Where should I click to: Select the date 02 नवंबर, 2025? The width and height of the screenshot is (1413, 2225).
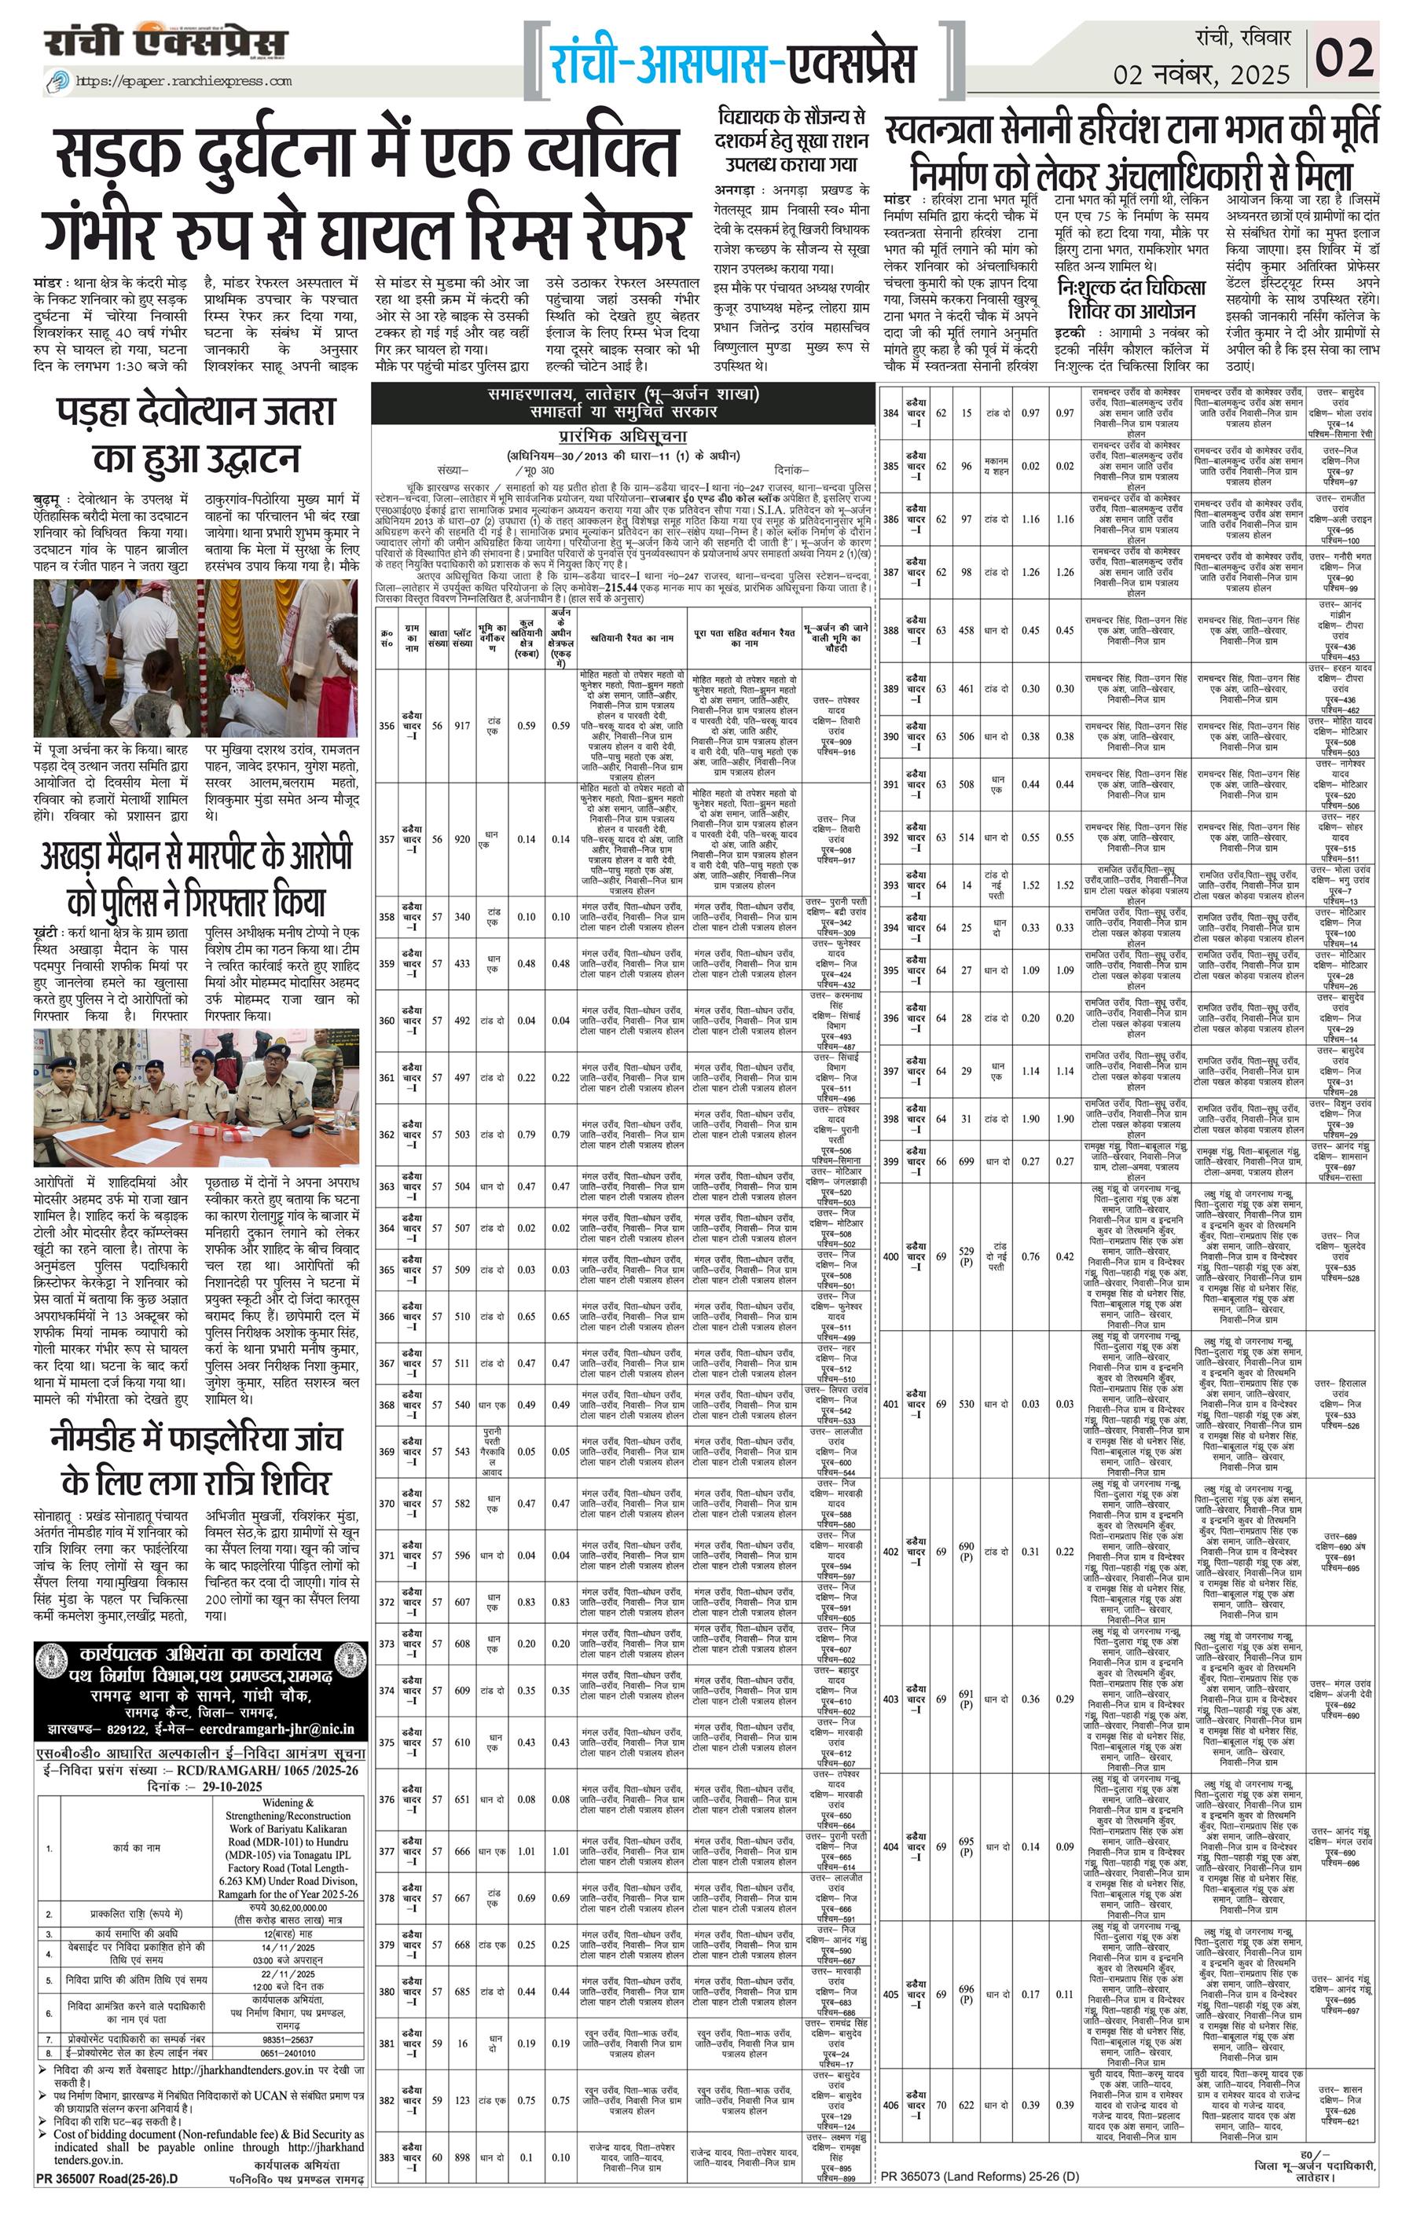click(x=1201, y=75)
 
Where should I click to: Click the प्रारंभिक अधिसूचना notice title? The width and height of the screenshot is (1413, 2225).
click(x=623, y=436)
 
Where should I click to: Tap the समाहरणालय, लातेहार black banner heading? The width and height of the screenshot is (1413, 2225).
click(x=623, y=402)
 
